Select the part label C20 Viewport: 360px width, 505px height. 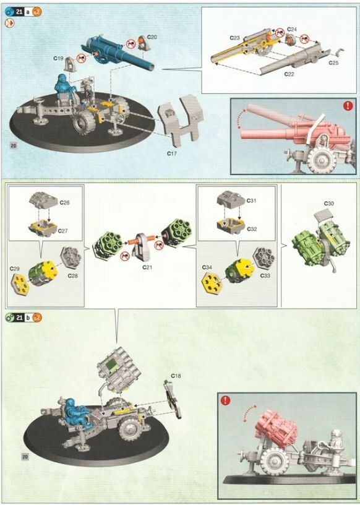click(152, 38)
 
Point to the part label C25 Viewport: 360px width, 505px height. click(333, 63)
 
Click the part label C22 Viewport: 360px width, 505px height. click(289, 74)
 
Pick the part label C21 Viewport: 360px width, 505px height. click(147, 267)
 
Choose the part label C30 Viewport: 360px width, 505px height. click(329, 204)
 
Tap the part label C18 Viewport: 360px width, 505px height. click(176, 376)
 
